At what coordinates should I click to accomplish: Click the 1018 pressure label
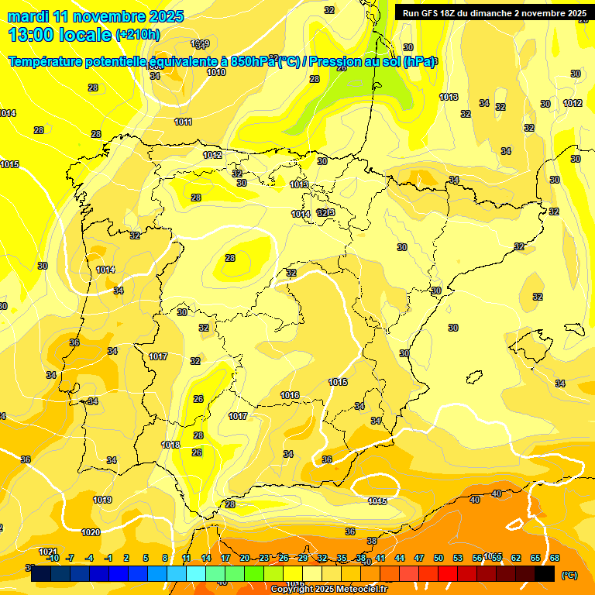coord(170,445)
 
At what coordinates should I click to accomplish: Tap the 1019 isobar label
coord(102,500)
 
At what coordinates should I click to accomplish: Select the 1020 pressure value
coord(91,532)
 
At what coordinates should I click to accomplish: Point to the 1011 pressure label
coord(184,122)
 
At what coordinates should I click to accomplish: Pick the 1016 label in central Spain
coord(290,395)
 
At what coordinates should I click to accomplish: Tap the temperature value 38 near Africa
coord(372,541)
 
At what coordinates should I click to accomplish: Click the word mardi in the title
coord(28,16)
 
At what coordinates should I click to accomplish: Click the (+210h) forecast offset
coord(137,35)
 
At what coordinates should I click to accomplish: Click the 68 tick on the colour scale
coord(555,558)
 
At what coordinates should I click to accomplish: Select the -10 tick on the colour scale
coord(53,558)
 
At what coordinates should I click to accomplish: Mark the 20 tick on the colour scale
coord(245,558)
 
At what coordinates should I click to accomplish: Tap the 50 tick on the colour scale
coord(439,558)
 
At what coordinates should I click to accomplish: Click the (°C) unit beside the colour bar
coord(569,574)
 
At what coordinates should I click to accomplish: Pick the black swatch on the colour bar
coord(545,573)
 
